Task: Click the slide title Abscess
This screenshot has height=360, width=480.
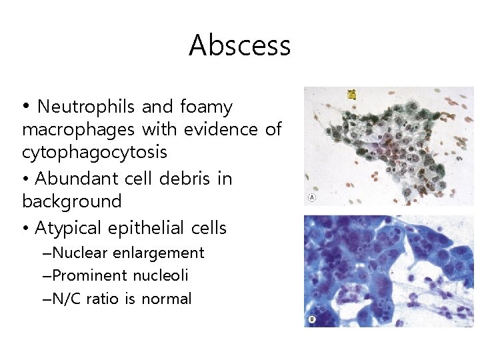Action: (x=239, y=45)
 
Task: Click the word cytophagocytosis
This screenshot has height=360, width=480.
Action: (x=95, y=153)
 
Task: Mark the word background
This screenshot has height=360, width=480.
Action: (x=72, y=201)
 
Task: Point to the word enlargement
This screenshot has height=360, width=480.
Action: (x=159, y=253)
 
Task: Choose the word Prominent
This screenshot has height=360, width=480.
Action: (x=90, y=276)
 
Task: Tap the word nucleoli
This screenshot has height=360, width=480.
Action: (x=161, y=276)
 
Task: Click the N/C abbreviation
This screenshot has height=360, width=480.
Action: (x=67, y=299)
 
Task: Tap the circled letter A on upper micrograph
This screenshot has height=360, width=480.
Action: (x=311, y=198)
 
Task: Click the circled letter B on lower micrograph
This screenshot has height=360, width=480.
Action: (x=311, y=320)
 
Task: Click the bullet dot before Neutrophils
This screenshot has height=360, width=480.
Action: (x=25, y=107)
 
